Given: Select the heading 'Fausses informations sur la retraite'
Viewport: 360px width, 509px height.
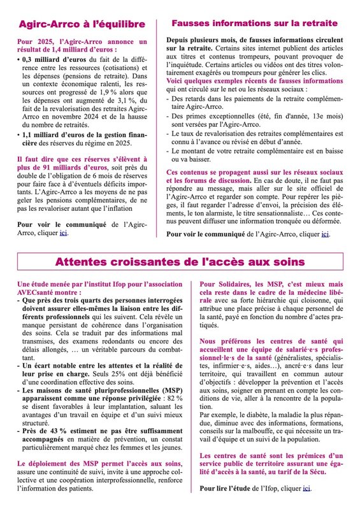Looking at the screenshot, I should [x=255, y=24].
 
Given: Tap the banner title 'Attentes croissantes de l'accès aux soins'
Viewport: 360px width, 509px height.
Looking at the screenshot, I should [x=179, y=262].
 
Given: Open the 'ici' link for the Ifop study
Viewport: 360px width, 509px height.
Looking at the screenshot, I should [x=307, y=488].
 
